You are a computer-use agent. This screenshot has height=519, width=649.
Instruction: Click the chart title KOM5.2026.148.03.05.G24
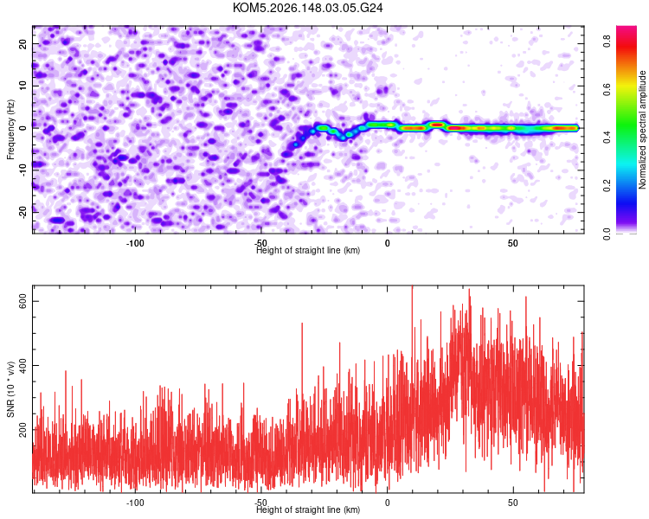pyautogui.click(x=307, y=8)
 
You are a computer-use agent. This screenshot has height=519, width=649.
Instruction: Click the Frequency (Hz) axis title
pyautogui.click(x=10, y=130)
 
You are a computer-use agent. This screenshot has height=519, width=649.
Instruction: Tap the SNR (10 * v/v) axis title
pyautogui.click(x=10, y=389)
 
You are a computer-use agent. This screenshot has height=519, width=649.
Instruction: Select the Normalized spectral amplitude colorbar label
pyautogui.click(x=642, y=130)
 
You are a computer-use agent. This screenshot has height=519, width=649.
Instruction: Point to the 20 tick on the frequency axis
pyautogui.click(x=23, y=43)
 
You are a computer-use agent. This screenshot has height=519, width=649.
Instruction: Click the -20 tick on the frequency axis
pyautogui.click(x=23, y=212)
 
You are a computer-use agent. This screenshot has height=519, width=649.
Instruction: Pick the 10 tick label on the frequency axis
pyautogui.click(x=23, y=86)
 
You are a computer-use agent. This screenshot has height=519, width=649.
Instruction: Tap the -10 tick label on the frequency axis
pyautogui.click(x=23, y=170)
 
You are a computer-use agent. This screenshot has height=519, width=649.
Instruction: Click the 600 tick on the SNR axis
pyautogui.click(x=23, y=301)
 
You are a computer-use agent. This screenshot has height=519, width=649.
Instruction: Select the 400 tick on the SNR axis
pyautogui.click(x=23, y=365)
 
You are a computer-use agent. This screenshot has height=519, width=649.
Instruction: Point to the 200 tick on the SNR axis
pyautogui.click(x=23, y=430)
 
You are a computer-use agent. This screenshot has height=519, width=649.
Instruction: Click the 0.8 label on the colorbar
pyautogui.click(x=607, y=41)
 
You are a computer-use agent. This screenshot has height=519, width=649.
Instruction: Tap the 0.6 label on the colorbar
pyautogui.click(x=607, y=89)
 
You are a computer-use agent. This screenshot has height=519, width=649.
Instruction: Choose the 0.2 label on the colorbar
pyautogui.click(x=607, y=186)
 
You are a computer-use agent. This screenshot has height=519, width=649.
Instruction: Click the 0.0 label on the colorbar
pyautogui.click(x=607, y=234)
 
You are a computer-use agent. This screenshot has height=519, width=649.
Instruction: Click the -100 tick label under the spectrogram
pyautogui.click(x=135, y=243)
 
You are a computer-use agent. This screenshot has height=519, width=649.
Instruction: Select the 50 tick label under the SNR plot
pyautogui.click(x=513, y=503)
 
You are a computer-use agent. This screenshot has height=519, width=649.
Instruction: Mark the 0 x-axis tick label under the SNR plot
pyautogui.click(x=387, y=503)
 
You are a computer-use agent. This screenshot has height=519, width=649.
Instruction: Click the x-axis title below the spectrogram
pyautogui.click(x=308, y=250)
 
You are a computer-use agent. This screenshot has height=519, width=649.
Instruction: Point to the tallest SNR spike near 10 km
pyautogui.click(x=412, y=286)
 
